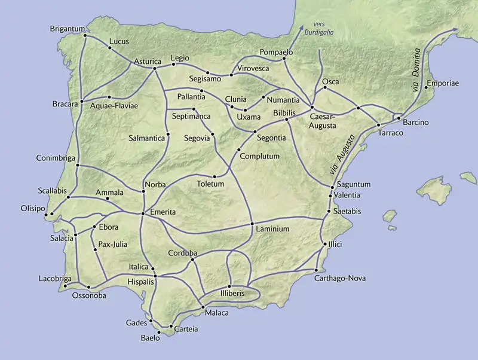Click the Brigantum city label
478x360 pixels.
coord(66,29)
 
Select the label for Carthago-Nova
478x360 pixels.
coord(340,278)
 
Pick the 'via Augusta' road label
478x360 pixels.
coord(345,155)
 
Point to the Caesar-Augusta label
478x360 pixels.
coord(323,122)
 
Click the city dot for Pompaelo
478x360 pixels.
coord(284,59)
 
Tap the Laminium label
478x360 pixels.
coord(272,229)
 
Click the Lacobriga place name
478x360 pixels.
coord(54,278)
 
